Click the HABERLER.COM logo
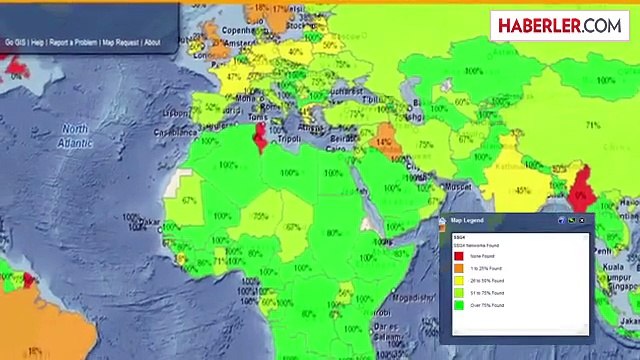point(559,26)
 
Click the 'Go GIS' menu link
point(15,43)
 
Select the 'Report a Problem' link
point(74,43)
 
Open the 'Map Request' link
point(120,43)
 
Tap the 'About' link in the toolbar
point(152,43)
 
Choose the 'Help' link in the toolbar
point(37,43)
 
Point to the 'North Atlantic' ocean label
point(75,136)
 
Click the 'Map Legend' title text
point(467,220)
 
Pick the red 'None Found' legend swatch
point(459,256)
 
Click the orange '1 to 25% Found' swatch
point(459,268)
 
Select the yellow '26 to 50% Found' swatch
point(459,280)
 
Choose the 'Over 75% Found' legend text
point(487,305)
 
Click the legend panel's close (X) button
point(582,220)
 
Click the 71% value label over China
point(593,126)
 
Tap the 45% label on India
point(521,190)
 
